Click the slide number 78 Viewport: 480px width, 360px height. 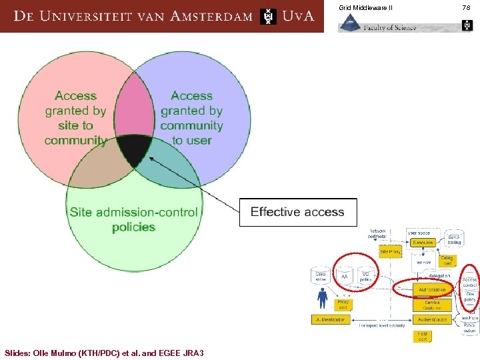click(x=466, y=7)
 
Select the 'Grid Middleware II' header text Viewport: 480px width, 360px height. click(x=366, y=7)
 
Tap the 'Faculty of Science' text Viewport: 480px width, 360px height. click(x=390, y=27)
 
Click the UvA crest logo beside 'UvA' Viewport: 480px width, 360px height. click(x=268, y=16)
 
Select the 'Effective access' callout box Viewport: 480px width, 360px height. click(x=297, y=212)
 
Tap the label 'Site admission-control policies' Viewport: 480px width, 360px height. click(x=133, y=219)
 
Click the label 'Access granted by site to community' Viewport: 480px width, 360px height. click(x=75, y=118)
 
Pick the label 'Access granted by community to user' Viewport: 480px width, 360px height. click(x=192, y=118)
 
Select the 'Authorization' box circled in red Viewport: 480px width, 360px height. click(x=432, y=290)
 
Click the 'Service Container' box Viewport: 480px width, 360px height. click(x=432, y=305)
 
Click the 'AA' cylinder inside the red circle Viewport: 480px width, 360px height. click(x=345, y=276)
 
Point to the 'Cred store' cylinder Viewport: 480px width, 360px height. click(x=321, y=275)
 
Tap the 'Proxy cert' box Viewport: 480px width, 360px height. click(x=343, y=305)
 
